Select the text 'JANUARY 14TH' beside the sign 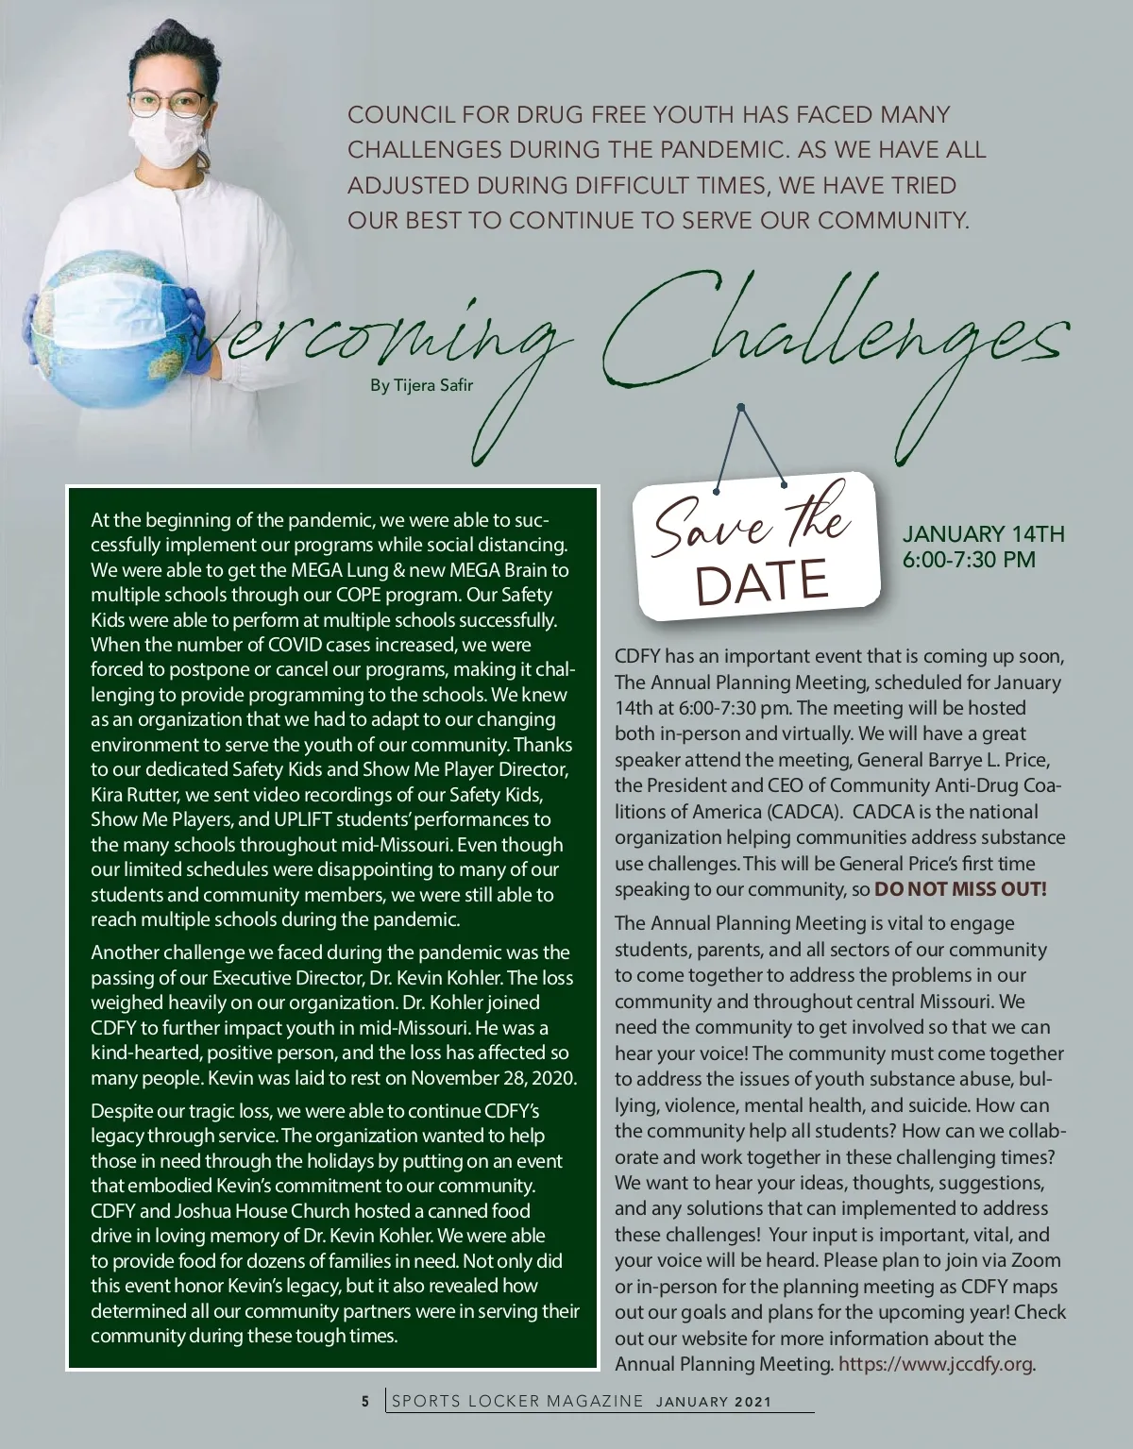coord(983,534)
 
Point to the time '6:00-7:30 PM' coord(969,560)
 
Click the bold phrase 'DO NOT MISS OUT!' coord(960,889)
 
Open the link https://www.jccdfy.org coord(935,1363)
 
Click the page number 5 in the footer coord(365,1401)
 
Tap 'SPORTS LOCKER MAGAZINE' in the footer coord(517,1401)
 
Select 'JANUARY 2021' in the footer coord(713,1402)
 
